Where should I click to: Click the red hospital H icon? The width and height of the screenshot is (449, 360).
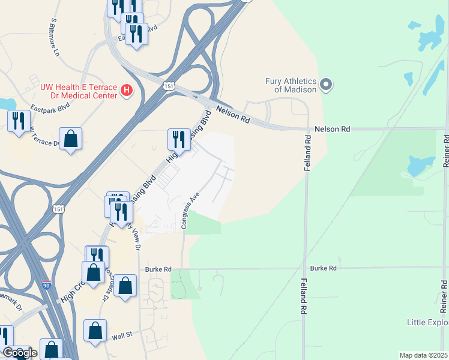coord(127,91)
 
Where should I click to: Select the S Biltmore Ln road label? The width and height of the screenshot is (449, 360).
coord(56,37)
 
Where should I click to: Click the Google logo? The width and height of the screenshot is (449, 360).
coord(20,353)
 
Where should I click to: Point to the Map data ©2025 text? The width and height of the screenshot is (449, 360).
coord(424,355)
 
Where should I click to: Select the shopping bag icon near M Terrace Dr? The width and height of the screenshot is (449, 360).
coord(71,139)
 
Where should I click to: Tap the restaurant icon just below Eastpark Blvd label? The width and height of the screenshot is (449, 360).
coord(19,121)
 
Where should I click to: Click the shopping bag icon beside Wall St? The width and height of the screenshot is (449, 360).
coord(95,331)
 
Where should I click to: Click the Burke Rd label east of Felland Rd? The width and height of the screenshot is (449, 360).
coord(324,268)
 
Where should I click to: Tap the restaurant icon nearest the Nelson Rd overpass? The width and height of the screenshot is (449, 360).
coord(178,140)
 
